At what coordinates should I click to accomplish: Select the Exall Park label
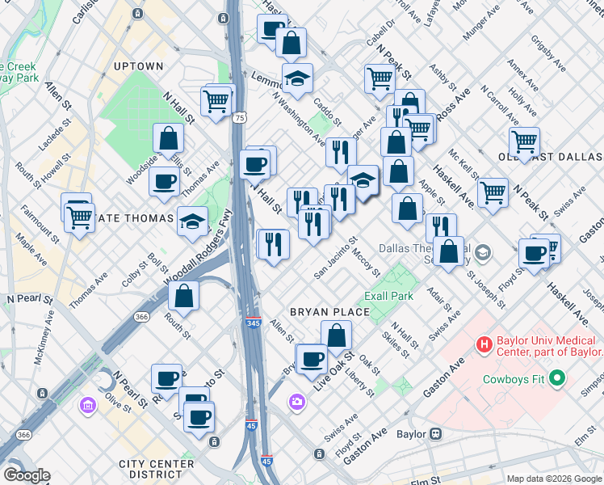click(x=388, y=296)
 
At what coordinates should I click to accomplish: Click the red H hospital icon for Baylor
click(x=484, y=345)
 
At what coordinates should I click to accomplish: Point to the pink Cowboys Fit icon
click(x=556, y=377)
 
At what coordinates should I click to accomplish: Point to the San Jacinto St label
click(x=335, y=257)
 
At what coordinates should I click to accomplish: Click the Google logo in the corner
click(x=26, y=475)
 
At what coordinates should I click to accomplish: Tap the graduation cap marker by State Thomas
click(x=192, y=221)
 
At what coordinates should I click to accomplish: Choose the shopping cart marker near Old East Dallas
click(x=525, y=141)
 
